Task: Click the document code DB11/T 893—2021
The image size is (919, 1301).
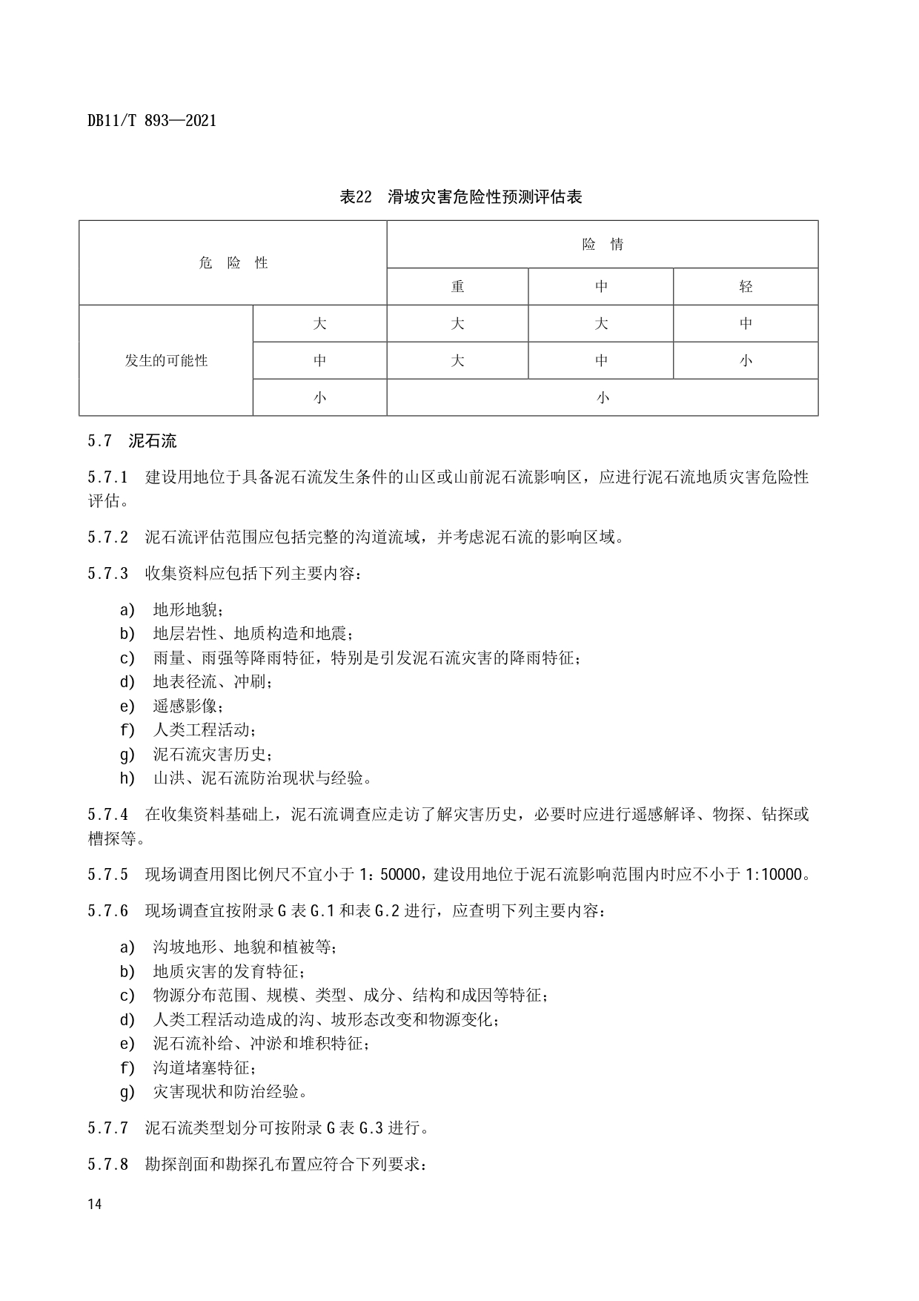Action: [151, 120]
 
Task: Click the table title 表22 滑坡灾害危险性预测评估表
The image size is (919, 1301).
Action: [460, 196]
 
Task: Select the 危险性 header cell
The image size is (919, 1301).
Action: [233, 263]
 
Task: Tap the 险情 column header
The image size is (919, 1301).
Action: [602, 245]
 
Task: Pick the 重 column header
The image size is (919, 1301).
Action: [457, 287]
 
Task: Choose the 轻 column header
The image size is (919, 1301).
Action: [745, 287]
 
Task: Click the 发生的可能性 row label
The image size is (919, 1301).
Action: [166, 361]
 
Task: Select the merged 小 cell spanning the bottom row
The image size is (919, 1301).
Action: [602, 398]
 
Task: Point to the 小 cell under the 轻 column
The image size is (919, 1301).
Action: [745, 361]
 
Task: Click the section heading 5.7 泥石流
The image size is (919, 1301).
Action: [132, 441]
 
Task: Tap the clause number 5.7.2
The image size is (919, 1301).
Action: [107, 537]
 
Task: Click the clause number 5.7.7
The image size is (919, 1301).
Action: [107, 1128]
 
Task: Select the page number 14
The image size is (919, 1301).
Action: [94, 1204]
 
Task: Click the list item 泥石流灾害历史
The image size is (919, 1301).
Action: [213, 755]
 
